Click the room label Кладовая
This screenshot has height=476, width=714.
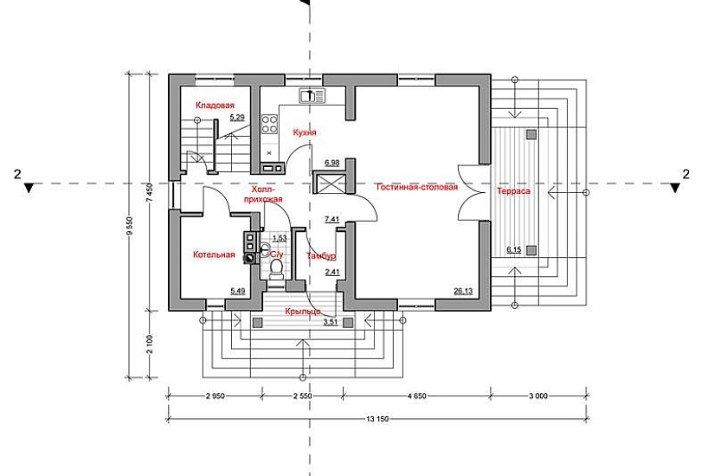pyautogui.click(x=215, y=106)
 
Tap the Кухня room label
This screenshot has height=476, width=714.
pyautogui.click(x=305, y=132)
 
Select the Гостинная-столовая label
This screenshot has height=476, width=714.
pyautogui.click(x=416, y=187)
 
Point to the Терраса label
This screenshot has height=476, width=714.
pyautogui.click(x=514, y=190)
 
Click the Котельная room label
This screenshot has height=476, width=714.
pyautogui.click(x=215, y=254)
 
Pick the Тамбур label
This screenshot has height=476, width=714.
pyautogui.click(x=322, y=256)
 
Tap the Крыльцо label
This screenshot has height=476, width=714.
pyautogui.click(x=305, y=310)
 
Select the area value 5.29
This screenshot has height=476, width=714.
pyautogui.click(x=237, y=117)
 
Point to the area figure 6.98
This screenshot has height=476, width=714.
pyautogui.click(x=331, y=163)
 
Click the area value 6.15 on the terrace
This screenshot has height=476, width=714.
pyautogui.click(x=514, y=250)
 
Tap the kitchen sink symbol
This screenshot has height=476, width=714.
pyautogui.click(x=312, y=95)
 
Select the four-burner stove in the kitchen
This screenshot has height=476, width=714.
pyautogui.click(x=269, y=124)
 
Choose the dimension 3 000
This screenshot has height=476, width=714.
pyautogui.click(x=537, y=396)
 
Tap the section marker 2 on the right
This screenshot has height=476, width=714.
pyautogui.click(x=686, y=174)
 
